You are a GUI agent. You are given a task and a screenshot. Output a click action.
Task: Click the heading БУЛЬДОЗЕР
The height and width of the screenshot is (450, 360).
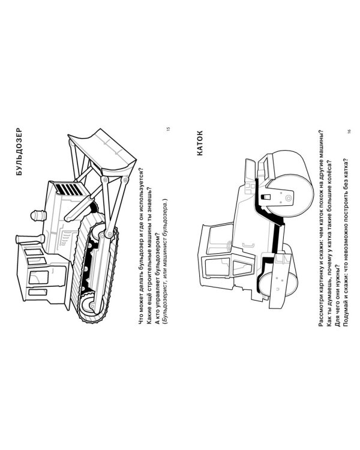pyautogui.click(x=19, y=152)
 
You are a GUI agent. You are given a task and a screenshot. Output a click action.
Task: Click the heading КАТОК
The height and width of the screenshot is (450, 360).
pyautogui.click(x=200, y=143)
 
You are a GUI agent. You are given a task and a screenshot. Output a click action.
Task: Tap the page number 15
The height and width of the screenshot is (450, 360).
pyautogui.click(x=168, y=129)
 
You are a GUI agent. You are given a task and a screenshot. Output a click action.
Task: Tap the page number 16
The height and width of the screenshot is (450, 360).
pyautogui.click(x=349, y=131)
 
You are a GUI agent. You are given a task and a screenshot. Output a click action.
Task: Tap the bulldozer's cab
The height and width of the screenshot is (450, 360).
pyautogui.click(x=44, y=276)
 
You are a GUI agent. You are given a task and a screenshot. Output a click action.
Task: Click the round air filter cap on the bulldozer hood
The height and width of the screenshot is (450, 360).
pyautogui.click(x=38, y=215)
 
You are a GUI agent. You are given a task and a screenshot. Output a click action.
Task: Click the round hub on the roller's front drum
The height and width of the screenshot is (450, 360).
pyautogui.click(x=288, y=198)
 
